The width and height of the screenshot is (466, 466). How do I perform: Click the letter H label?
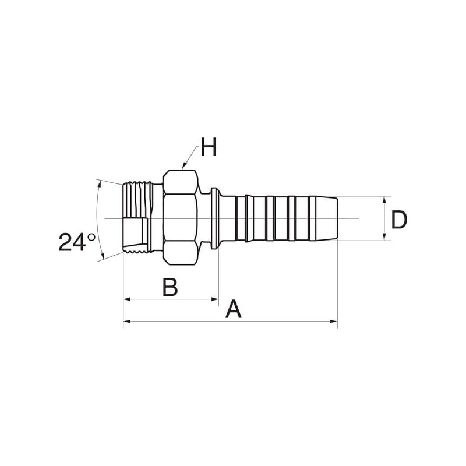coord(209,147)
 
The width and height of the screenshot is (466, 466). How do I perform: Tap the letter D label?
coord(399,220)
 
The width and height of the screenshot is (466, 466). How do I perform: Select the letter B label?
coord(170,287)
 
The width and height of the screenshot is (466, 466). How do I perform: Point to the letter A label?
coord(234,309)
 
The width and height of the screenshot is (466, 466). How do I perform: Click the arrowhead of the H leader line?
coord(184,166)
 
